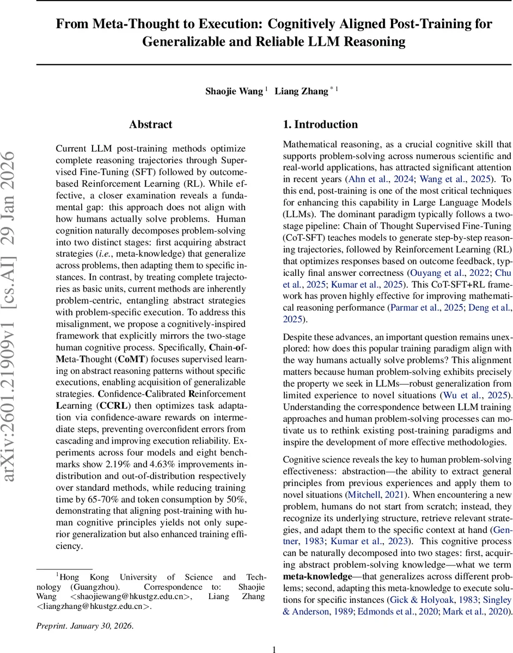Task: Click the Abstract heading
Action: coord(151,125)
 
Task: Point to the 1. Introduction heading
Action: coord(320,125)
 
